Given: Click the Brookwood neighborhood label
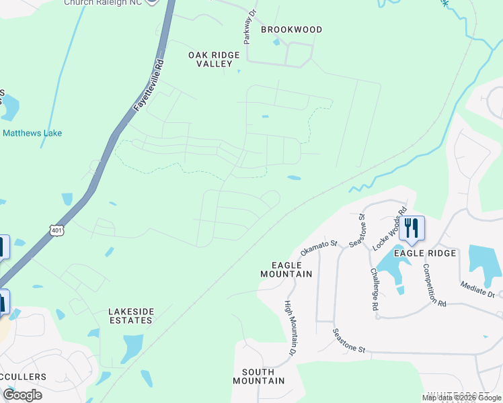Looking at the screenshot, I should [291, 30].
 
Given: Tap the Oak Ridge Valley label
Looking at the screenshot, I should [214, 59].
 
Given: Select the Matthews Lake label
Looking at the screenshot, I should [32, 133].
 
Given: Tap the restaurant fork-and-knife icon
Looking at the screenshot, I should [412, 228].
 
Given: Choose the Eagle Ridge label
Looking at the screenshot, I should [425, 253].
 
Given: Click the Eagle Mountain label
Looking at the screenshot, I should [286, 269].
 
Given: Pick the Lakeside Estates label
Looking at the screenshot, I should [131, 316].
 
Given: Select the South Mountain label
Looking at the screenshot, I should [258, 376].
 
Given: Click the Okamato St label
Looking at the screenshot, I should [318, 248].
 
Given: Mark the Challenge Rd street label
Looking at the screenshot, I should [374, 289].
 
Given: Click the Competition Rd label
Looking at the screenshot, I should [434, 285].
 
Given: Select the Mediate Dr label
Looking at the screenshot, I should [477, 289].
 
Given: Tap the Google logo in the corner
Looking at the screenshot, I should [22, 395].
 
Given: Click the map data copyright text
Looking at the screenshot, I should [461, 398].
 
